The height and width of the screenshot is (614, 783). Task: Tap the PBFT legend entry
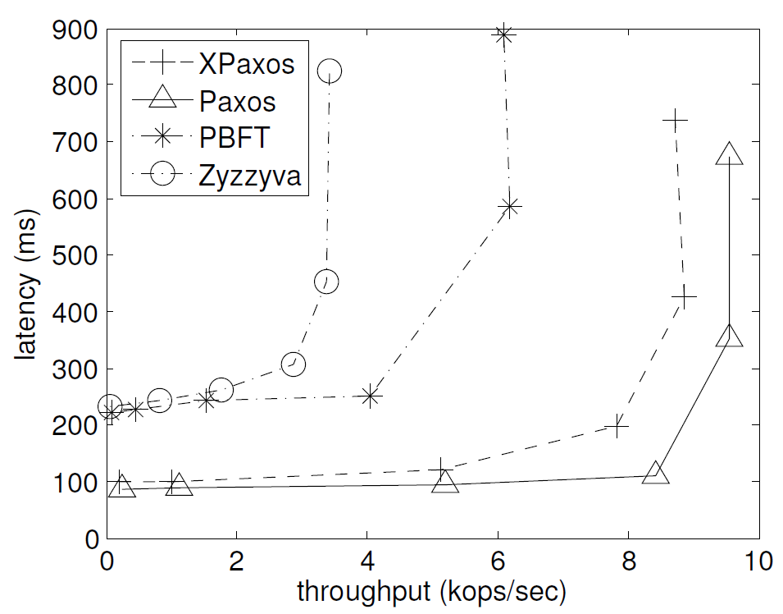pos(233,137)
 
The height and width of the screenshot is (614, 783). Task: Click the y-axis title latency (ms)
pos(28,282)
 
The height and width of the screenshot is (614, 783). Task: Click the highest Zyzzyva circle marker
pos(330,71)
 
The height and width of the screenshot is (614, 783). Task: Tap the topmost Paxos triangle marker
pos(729,154)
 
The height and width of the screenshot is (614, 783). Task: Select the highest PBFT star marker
pos(503,35)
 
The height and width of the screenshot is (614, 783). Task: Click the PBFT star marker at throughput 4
pos(371,396)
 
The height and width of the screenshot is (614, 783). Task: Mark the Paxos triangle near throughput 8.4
pos(655,473)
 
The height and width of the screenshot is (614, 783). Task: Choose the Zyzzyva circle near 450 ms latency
pos(326,282)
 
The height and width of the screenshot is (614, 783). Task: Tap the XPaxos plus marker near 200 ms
pos(617,425)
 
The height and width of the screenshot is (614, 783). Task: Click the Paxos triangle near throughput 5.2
pos(445,482)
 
